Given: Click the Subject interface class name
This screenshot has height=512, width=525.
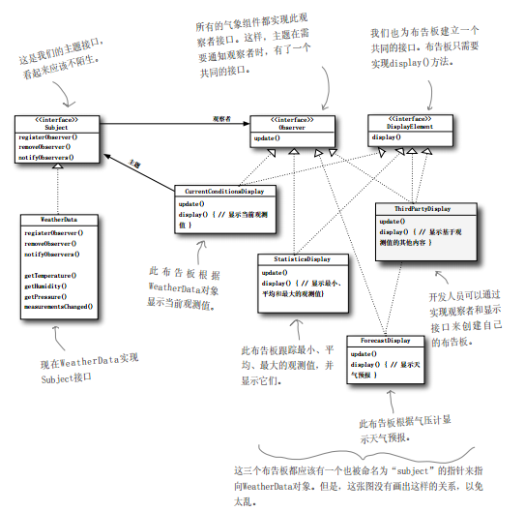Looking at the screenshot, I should [55, 126].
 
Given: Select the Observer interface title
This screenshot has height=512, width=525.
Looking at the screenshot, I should [294, 126].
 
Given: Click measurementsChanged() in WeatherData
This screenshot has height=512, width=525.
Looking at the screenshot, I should [58, 306].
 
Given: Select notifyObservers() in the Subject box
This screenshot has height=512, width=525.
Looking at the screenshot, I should [47, 154].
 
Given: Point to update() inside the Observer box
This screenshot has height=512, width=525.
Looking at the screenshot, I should [268, 138].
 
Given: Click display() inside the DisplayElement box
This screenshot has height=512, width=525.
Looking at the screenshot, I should [387, 138].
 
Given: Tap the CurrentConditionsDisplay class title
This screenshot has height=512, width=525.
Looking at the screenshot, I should [219, 191].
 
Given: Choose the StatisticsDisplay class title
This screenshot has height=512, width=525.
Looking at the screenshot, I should [296, 259].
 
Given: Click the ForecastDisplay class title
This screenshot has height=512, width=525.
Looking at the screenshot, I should [385, 342].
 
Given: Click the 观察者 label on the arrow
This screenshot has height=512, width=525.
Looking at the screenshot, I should [221, 118].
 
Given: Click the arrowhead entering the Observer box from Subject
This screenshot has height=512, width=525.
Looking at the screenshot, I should [247, 124].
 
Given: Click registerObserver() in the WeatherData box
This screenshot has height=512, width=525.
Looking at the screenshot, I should [54, 233].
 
